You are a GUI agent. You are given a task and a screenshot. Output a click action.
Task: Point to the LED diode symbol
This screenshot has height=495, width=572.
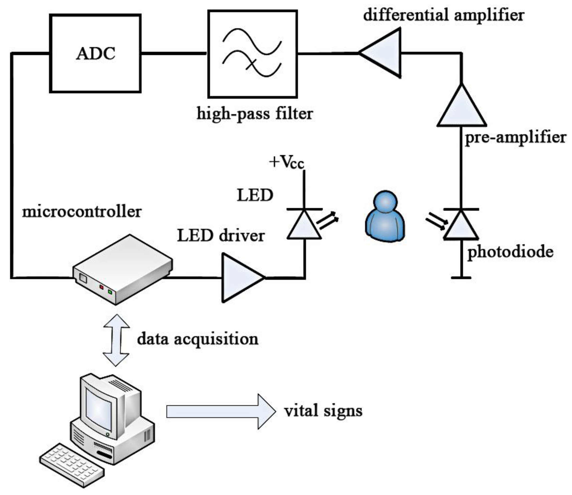coord(304,225)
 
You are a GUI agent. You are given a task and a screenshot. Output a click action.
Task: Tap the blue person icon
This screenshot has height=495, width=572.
coord(385,217)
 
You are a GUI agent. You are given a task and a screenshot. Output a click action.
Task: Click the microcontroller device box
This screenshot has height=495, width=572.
coord(123,269)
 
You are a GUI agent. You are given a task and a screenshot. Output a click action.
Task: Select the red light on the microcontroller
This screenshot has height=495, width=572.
coord(101,287)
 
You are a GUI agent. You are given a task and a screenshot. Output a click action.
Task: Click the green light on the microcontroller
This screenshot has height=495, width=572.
coord(110,292)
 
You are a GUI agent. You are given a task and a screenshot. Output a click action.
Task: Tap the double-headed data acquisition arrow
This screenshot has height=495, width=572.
coord(116,340)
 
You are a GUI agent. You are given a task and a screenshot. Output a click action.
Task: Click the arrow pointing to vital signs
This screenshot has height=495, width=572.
coord(221,412)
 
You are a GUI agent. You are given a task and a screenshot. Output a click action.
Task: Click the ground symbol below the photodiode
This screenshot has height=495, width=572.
coord(461,278)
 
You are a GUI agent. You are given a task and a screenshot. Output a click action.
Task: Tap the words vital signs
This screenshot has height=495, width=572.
coord(323,411)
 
